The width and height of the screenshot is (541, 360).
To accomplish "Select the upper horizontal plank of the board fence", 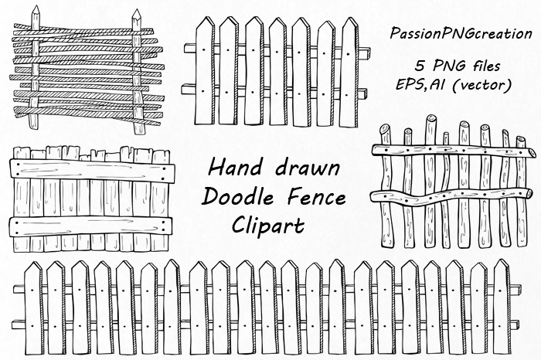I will [x=89, y=169].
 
